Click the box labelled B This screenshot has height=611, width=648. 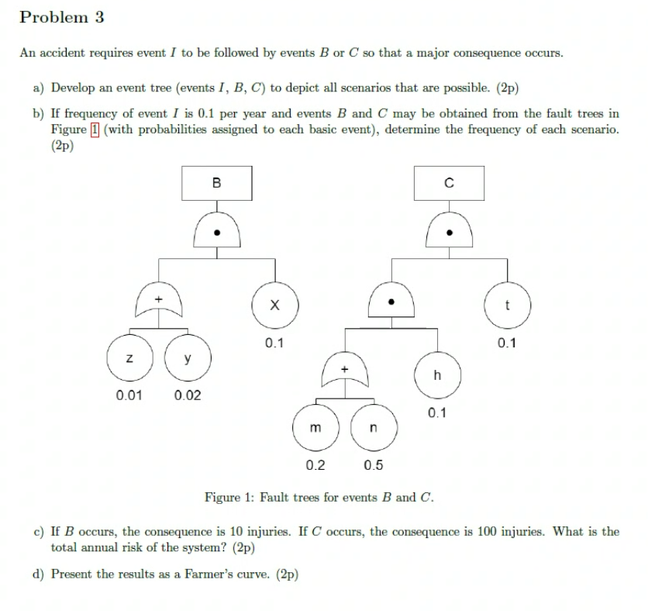216,184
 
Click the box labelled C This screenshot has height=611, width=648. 449,184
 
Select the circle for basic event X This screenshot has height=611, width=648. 274,305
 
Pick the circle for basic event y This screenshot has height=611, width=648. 187,358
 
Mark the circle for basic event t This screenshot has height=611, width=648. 507,305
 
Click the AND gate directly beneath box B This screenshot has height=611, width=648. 217,230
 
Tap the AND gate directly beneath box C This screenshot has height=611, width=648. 449,230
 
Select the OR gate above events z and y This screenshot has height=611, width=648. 158,302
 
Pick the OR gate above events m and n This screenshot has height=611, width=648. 345,372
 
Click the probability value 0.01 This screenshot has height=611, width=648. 129,395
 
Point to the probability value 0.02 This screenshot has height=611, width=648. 188,395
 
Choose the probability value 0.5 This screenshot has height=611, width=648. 373,465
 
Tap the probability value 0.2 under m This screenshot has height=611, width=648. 315,465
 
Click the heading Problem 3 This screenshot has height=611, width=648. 62,17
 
